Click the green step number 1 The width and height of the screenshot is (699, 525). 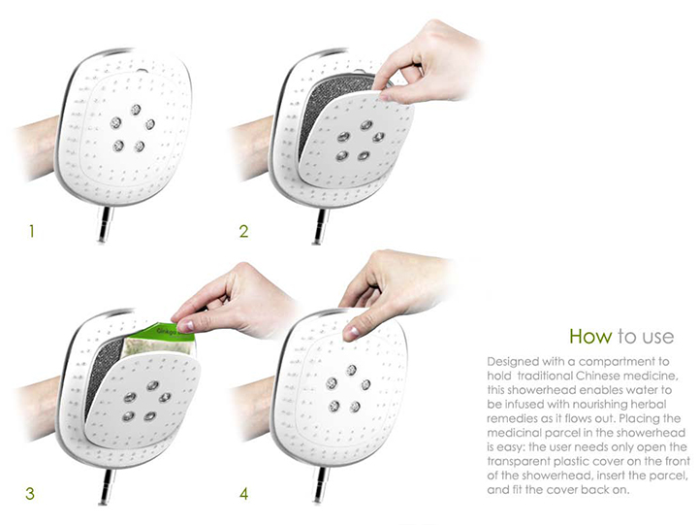pyautogui.click(x=31, y=232)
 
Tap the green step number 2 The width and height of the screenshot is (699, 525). pyautogui.click(x=244, y=232)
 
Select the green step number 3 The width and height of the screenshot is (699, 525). pyautogui.click(x=30, y=493)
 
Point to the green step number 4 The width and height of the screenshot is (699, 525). pyautogui.click(x=244, y=494)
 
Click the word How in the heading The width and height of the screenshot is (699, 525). pyautogui.click(x=590, y=336)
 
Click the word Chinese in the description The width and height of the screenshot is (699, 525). pyautogui.click(x=610, y=376)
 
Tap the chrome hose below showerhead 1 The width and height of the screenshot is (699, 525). pyautogui.click(x=105, y=224)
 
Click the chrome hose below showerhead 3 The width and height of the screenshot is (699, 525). pyautogui.click(x=107, y=486)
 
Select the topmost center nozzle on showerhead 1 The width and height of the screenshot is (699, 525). pyautogui.click(x=136, y=110)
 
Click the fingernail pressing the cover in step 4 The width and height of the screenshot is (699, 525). pyautogui.click(x=354, y=332)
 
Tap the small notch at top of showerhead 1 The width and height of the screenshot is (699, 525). pyautogui.click(x=143, y=71)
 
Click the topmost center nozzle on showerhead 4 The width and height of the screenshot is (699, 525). pyautogui.click(x=352, y=370)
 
